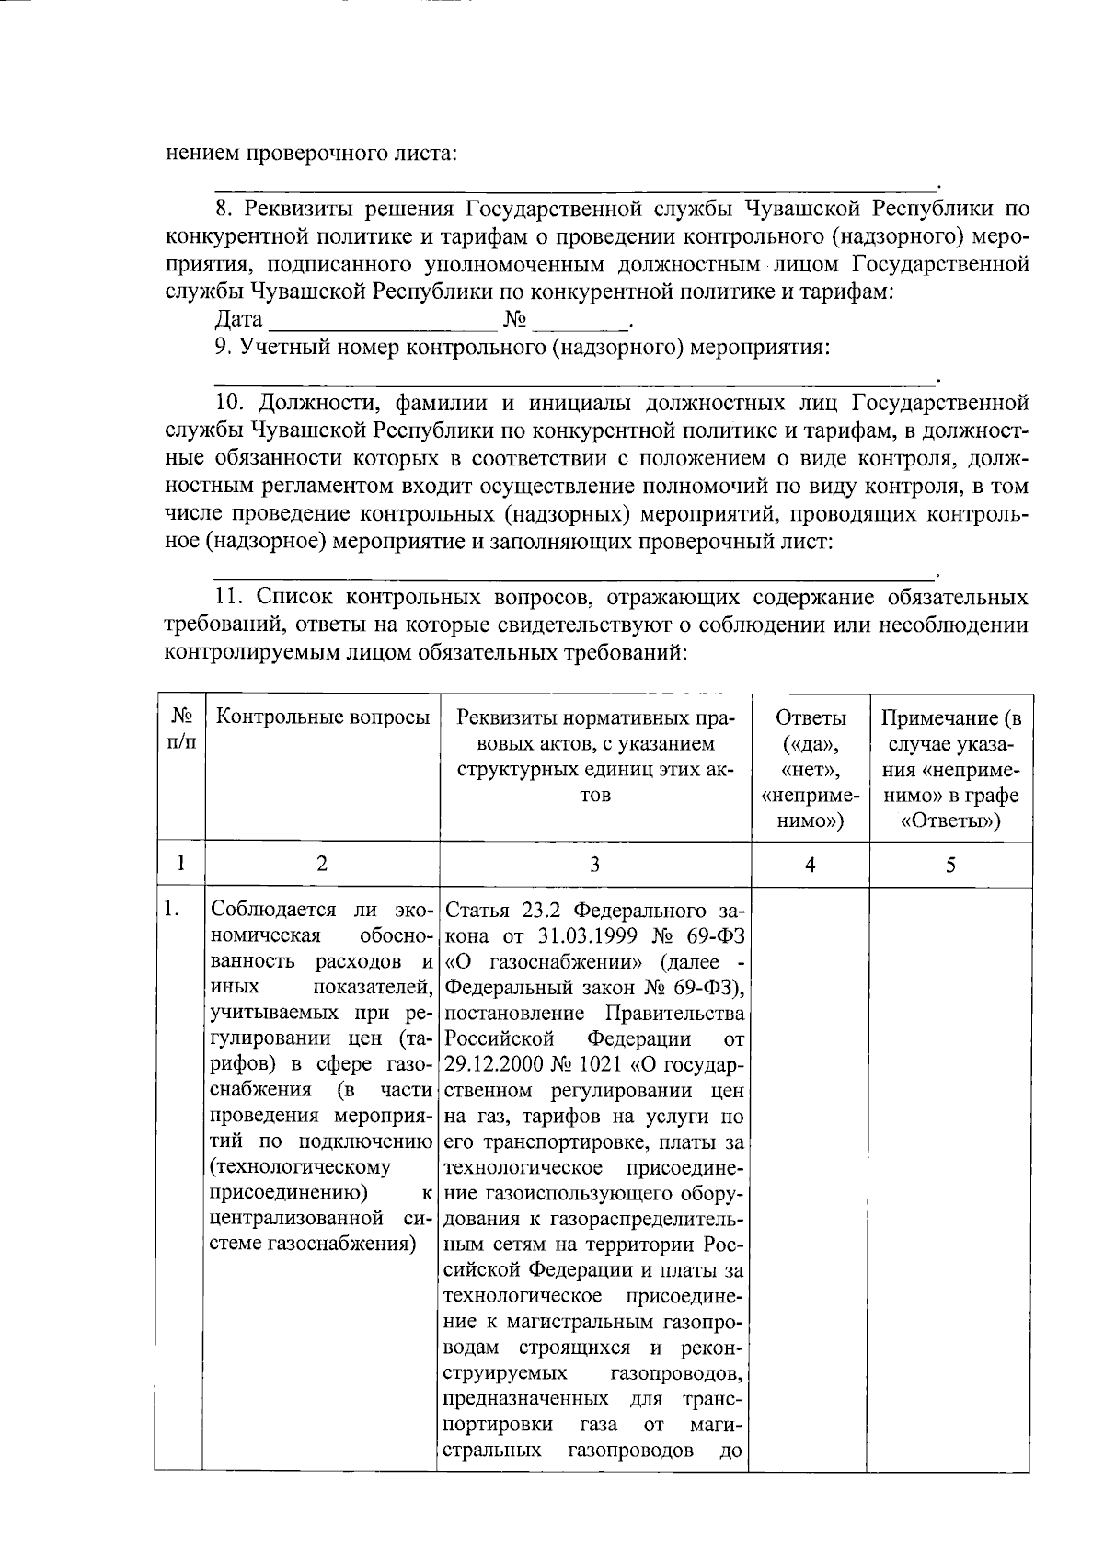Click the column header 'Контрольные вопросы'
321,717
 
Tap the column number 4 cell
810,864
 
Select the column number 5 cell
951,864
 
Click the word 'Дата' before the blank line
238,320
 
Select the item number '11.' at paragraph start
230,598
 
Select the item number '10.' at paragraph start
230,403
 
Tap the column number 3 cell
594,864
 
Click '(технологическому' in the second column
301,1167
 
